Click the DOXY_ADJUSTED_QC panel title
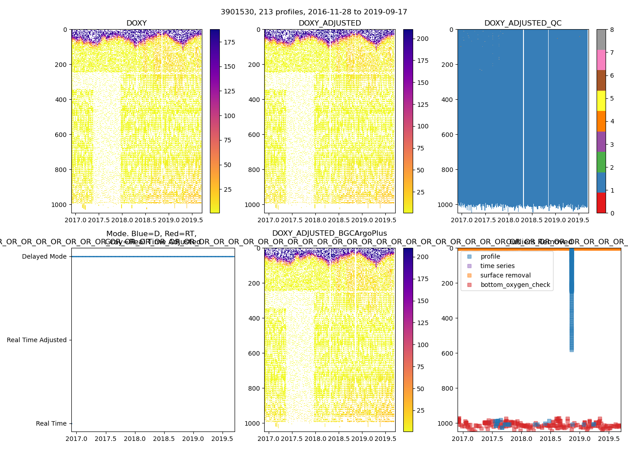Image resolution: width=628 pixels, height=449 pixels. [523, 23]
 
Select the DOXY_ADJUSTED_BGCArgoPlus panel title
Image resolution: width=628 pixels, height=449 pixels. [329, 233]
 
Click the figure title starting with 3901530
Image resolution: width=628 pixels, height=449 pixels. [314, 12]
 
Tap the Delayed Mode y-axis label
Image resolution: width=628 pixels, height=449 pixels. [44, 257]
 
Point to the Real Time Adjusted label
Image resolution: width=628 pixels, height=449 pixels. [36, 340]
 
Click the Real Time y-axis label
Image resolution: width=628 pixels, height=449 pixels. [51, 424]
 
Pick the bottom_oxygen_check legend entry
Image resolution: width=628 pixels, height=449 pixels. [515, 285]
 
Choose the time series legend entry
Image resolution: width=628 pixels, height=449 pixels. [497, 266]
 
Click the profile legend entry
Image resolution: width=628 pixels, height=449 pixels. [490, 257]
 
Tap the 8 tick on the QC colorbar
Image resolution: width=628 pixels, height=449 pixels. [612, 30]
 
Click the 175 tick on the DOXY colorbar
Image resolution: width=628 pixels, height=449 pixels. [230, 42]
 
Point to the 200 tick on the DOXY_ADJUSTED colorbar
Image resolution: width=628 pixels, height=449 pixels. [423, 39]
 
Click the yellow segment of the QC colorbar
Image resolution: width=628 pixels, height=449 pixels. [601, 101]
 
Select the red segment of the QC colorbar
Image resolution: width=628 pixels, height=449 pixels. [601, 203]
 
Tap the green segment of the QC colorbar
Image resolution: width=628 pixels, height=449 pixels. [601, 162]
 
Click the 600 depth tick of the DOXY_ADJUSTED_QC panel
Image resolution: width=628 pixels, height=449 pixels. [448, 135]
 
